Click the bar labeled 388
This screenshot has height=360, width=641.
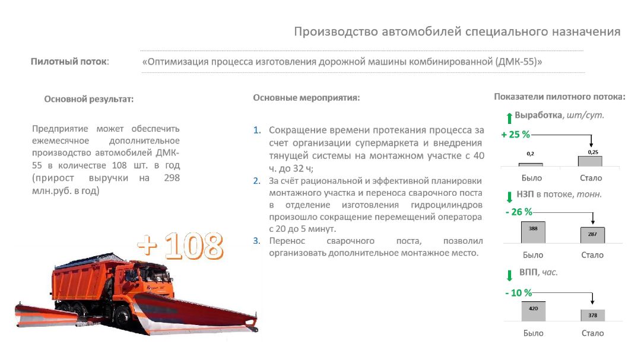[532, 232]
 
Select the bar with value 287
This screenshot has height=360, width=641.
[592, 235]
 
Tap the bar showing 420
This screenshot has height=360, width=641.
[532, 311]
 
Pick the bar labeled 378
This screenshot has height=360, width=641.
[592, 315]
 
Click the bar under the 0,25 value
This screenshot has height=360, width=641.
[590, 161]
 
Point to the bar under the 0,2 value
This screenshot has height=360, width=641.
[531, 164]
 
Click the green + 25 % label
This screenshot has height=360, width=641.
[515, 135]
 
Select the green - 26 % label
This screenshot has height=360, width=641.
[518, 212]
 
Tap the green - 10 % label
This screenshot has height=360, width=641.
[518, 292]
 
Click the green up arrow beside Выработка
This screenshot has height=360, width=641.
[509, 116]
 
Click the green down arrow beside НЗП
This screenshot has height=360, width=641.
[509, 196]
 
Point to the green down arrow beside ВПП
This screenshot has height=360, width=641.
[509, 275]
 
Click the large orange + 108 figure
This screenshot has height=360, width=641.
[180, 246]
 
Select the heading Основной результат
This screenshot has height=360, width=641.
[89, 99]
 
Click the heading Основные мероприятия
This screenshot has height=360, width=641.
[306, 97]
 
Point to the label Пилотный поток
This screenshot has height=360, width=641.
[69, 61]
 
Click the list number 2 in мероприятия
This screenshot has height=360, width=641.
[256, 181]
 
